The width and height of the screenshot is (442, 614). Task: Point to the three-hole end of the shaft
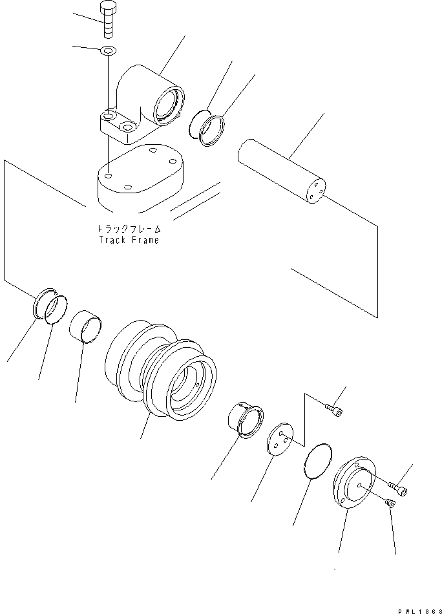pos(314,191)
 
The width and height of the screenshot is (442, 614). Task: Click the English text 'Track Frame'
pos(129,239)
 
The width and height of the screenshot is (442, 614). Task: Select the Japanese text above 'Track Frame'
pos(129,229)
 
